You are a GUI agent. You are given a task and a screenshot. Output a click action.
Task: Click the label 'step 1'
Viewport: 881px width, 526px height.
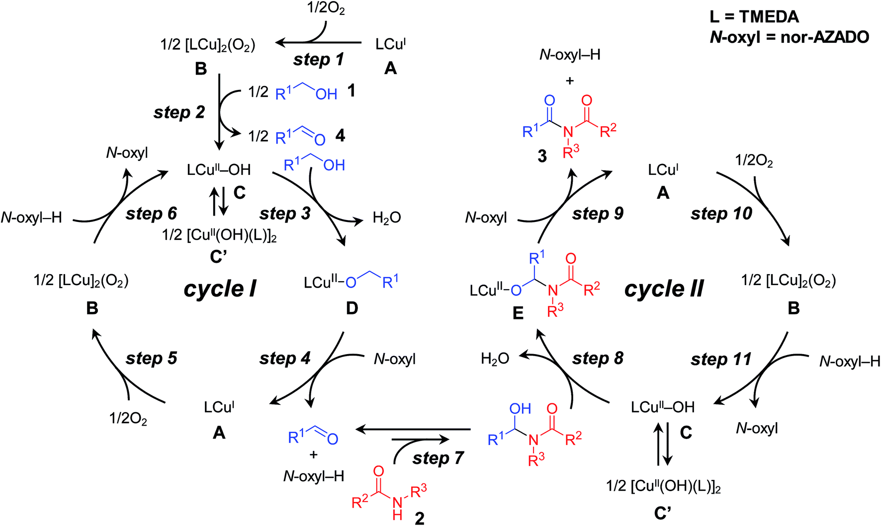(318, 60)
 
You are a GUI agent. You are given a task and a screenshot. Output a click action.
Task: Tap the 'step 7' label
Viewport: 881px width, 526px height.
(438, 458)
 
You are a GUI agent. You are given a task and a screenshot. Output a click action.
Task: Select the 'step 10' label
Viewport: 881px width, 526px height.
(721, 214)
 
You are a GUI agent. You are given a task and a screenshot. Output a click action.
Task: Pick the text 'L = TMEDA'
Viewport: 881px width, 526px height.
(754, 17)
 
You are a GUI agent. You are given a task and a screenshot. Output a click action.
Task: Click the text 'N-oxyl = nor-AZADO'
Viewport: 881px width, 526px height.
(790, 37)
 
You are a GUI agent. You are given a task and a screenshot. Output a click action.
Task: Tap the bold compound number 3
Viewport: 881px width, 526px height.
(542, 157)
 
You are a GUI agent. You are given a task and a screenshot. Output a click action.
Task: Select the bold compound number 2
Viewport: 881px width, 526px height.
(420, 519)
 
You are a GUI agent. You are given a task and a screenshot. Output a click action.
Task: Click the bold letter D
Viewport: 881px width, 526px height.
(352, 308)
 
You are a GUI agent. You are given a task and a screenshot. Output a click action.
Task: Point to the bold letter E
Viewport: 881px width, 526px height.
(518, 313)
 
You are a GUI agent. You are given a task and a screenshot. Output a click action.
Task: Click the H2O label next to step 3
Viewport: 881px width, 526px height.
(387, 218)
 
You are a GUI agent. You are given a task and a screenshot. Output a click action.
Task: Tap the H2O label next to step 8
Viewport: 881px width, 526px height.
(495, 359)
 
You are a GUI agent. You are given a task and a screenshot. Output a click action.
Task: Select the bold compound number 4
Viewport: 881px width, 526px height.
(340, 136)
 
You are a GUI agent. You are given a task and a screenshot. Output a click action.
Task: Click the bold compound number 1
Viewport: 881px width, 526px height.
(351, 91)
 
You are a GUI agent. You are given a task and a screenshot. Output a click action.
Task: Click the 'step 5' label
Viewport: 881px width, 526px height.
(151, 359)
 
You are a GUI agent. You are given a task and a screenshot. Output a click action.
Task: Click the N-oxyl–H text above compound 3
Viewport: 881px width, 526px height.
(570, 55)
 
